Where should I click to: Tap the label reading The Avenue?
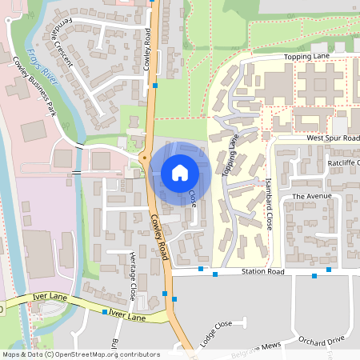(311, 196)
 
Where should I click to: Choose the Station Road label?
(263, 272)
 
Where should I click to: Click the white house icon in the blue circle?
(180, 172)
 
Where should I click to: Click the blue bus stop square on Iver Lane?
(105, 312)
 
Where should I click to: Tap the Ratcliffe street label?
(344, 162)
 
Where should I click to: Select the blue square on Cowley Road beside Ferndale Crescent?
(155, 85)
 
